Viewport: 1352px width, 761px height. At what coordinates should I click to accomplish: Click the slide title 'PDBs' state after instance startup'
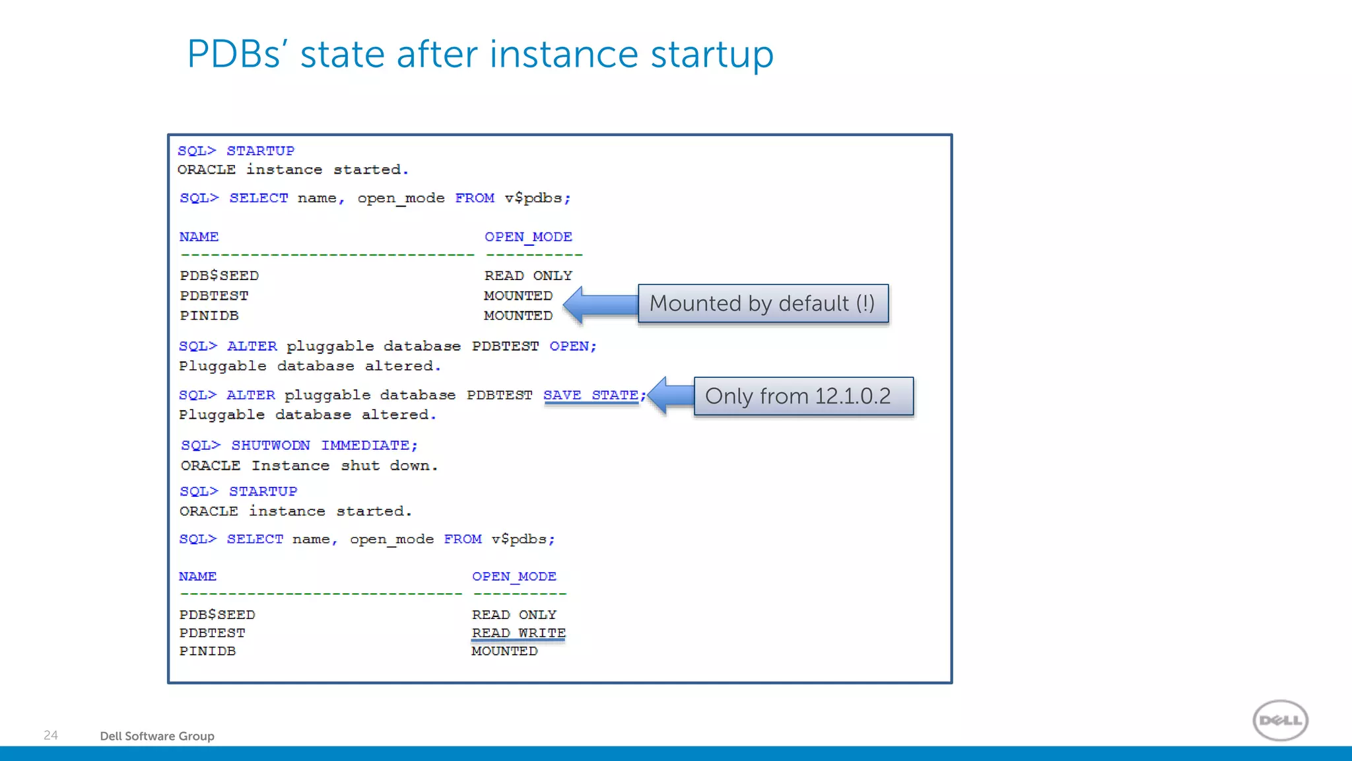pyautogui.click(x=480, y=54)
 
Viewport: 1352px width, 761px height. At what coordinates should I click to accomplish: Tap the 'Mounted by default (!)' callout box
pyautogui.click(x=762, y=304)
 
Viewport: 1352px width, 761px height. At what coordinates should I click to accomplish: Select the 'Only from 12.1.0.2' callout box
pyautogui.click(x=803, y=396)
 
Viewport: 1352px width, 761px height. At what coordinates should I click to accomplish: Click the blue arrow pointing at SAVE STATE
pyautogui.click(x=670, y=396)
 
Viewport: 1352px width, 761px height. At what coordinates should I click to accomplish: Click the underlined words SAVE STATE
pyautogui.click(x=591, y=396)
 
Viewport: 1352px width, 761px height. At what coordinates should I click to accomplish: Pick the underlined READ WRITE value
pyautogui.click(x=518, y=634)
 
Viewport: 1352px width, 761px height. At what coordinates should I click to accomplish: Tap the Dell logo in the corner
pyautogui.click(x=1280, y=720)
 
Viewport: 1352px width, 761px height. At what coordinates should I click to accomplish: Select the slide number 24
pyautogui.click(x=51, y=735)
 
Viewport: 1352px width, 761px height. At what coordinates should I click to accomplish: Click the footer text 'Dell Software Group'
pyautogui.click(x=157, y=736)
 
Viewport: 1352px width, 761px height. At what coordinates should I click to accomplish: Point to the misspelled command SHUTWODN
pyautogui.click(x=270, y=446)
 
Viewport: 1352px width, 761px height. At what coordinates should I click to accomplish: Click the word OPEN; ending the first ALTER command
pyautogui.click(x=572, y=346)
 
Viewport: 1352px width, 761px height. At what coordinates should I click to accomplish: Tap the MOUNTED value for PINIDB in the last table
pyautogui.click(x=504, y=651)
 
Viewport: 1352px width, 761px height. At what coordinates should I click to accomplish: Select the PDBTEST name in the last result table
pyautogui.click(x=212, y=634)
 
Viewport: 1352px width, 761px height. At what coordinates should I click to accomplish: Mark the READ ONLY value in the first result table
pyautogui.click(x=528, y=275)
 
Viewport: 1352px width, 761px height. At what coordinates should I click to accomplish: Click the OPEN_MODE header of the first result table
pyautogui.click(x=528, y=236)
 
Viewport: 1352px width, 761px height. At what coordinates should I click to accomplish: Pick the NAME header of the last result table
pyautogui.click(x=197, y=577)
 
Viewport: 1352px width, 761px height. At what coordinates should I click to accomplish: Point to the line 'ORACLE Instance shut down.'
pyautogui.click(x=309, y=466)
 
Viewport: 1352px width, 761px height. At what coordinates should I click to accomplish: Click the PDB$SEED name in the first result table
pyautogui.click(x=219, y=275)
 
